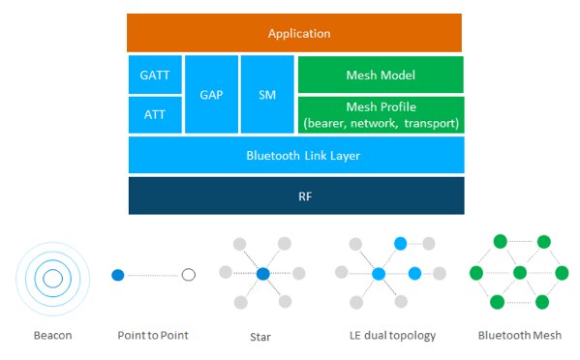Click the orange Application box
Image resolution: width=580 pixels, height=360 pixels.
[x=295, y=34]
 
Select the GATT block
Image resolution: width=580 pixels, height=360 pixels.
[x=154, y=75]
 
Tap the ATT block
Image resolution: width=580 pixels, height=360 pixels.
[x=154, y=114]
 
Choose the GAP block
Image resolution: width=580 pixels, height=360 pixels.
[x=210, y=95]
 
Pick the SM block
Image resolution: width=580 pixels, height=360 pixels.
[x=266, y=95]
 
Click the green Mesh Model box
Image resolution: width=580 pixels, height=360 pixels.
[x=381, y=75]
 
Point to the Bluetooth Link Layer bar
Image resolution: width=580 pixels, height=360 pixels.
[x=295, y=155]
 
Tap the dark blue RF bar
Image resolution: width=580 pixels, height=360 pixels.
[x=295, y=195]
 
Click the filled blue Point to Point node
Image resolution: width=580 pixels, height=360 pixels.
[x=118, y=275]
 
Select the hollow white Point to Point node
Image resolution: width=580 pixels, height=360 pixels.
[x=189, y=275]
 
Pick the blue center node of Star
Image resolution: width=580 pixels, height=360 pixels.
[x=262, y=275]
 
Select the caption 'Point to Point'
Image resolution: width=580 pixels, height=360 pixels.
[x=153, y=336]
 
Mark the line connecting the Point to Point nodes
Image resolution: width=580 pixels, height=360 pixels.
[x=153, y=275]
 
